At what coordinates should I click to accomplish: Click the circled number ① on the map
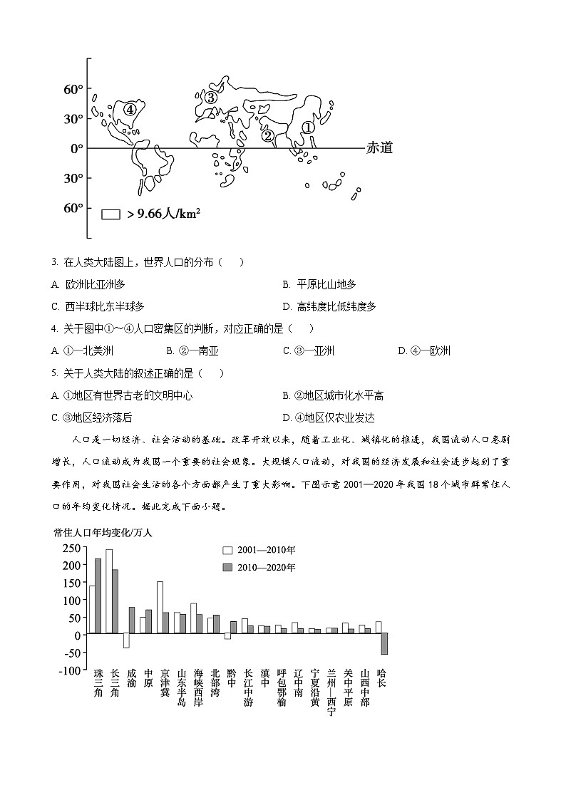[307, 127]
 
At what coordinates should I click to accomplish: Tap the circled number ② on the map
[267, 135]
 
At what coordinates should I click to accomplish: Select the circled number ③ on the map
[210, 98]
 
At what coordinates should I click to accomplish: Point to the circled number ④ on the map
[129, 109]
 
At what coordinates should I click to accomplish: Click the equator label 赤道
[379, 148]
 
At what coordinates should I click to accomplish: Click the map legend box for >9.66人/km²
[110, 214]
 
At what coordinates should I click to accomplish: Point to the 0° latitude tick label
[76, 148]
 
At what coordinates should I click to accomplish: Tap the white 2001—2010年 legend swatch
[228, 550]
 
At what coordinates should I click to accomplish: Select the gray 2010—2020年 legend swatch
[228, 567]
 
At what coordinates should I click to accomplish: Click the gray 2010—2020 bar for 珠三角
[98, 596]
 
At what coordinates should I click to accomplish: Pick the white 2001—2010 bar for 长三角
[109, 591]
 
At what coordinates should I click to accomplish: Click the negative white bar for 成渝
[126, 640]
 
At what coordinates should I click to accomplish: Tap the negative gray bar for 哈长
[384, 644]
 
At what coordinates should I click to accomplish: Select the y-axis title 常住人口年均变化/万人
[103, 532]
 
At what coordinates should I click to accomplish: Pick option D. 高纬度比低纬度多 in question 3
[329, 306]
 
